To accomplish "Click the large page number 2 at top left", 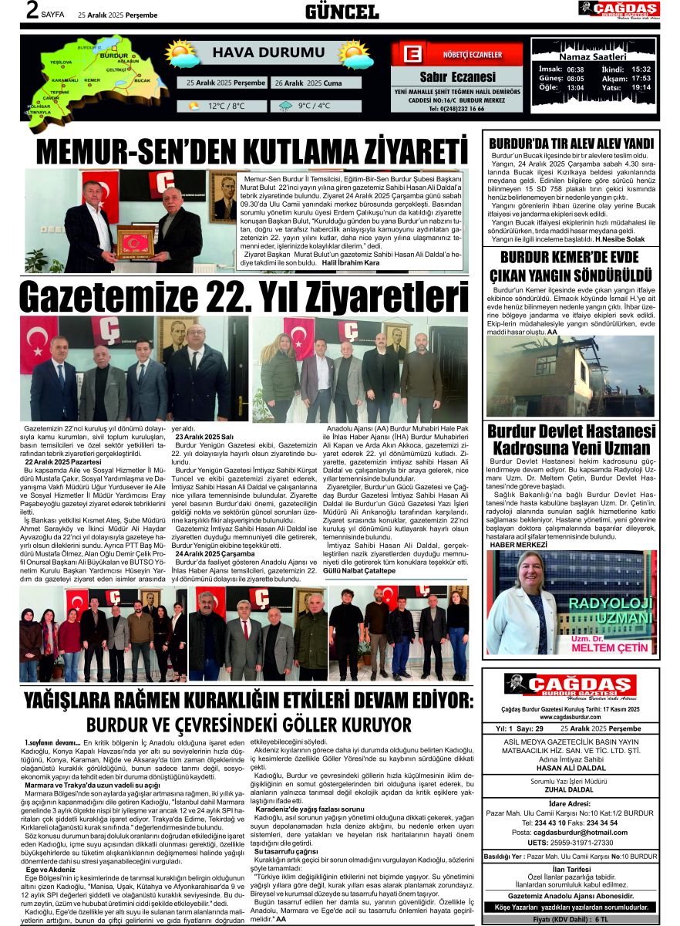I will pos(32,11).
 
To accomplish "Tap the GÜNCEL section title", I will pos(342,12).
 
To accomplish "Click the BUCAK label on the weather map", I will pos(142,79).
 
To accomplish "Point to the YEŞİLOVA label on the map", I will pos(61,62).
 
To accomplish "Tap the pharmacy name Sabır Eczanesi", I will pos(457,77).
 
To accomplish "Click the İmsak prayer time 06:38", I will pos(575,69).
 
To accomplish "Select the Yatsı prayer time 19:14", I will pos(641,87).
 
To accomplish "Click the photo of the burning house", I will pos(571,376).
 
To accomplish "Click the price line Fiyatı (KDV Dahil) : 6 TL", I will pos(571,920).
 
